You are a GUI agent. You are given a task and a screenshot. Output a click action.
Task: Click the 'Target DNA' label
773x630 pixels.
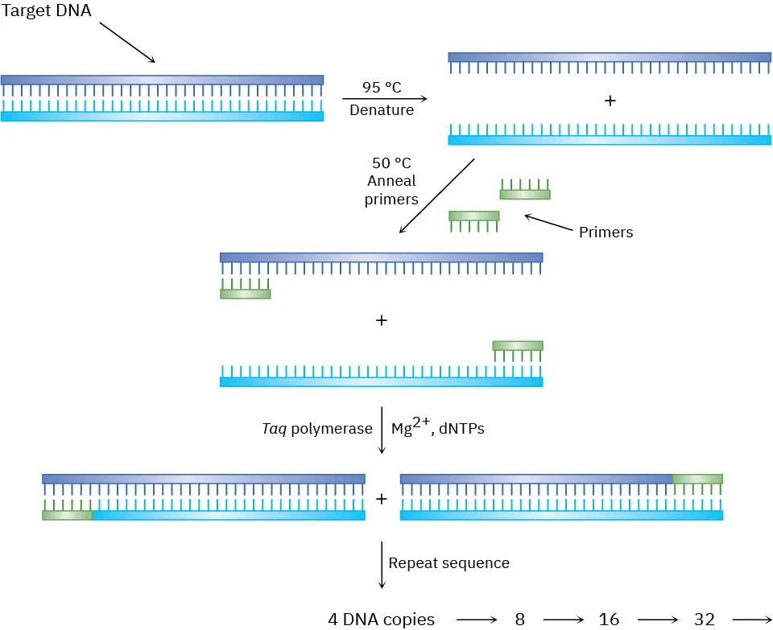(46, 11)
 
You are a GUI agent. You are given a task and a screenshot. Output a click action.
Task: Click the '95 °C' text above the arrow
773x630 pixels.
(382, 89)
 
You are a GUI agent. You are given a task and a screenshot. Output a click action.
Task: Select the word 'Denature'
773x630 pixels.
(382, 110)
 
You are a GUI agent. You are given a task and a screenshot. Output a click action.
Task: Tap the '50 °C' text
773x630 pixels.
(392, 163)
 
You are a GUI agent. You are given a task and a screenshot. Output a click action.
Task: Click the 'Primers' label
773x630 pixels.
(606, 233)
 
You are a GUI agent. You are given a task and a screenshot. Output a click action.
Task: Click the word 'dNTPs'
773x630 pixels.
(462, 429)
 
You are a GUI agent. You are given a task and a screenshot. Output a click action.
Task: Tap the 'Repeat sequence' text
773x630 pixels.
(449, 563)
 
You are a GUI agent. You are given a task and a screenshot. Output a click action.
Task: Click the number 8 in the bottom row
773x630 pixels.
(520, 620)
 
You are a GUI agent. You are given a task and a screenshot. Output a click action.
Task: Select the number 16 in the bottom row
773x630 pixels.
(609, 620)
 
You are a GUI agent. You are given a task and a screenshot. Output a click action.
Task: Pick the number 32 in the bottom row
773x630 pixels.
(704, 620)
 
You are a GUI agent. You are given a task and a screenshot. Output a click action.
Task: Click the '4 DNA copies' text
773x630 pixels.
(381, 620)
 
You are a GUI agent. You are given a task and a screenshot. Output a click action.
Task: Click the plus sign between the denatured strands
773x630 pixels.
(610, 101)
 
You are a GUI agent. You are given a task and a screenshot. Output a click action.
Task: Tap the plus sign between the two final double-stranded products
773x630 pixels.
(382, 499)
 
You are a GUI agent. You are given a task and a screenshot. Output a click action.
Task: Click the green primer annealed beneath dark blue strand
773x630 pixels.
(245, 294)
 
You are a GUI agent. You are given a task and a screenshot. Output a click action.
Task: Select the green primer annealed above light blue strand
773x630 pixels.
(518, 346)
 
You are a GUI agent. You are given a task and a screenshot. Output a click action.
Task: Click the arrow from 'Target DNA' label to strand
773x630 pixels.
(127, 42)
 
